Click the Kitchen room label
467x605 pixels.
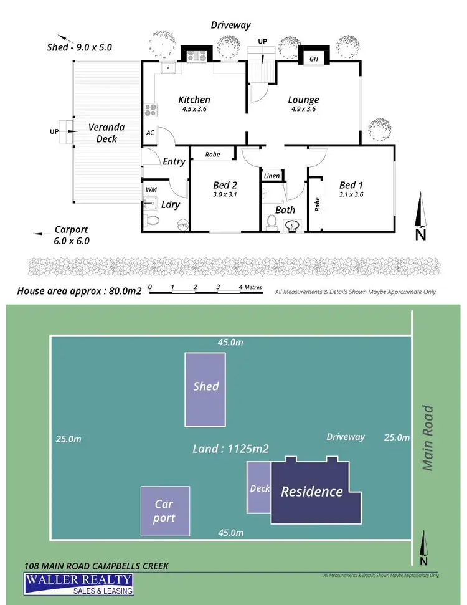coord(194,100)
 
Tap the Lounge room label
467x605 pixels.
coord(303,100)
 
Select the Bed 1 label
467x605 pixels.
coord(351,185)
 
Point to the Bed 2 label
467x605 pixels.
coord(225,185)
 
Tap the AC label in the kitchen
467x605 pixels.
coord(150,133)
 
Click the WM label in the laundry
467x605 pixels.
coord(151,189)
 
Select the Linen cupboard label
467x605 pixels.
coord(271,176)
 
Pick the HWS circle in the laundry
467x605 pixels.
coord(183,225)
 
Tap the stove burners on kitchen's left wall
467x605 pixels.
coord(151,110)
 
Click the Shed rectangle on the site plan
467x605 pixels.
coord(205,389)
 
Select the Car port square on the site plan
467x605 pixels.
coord(164,510)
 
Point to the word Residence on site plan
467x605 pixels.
coord(311,492)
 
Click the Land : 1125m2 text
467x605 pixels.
coord(230,448)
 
